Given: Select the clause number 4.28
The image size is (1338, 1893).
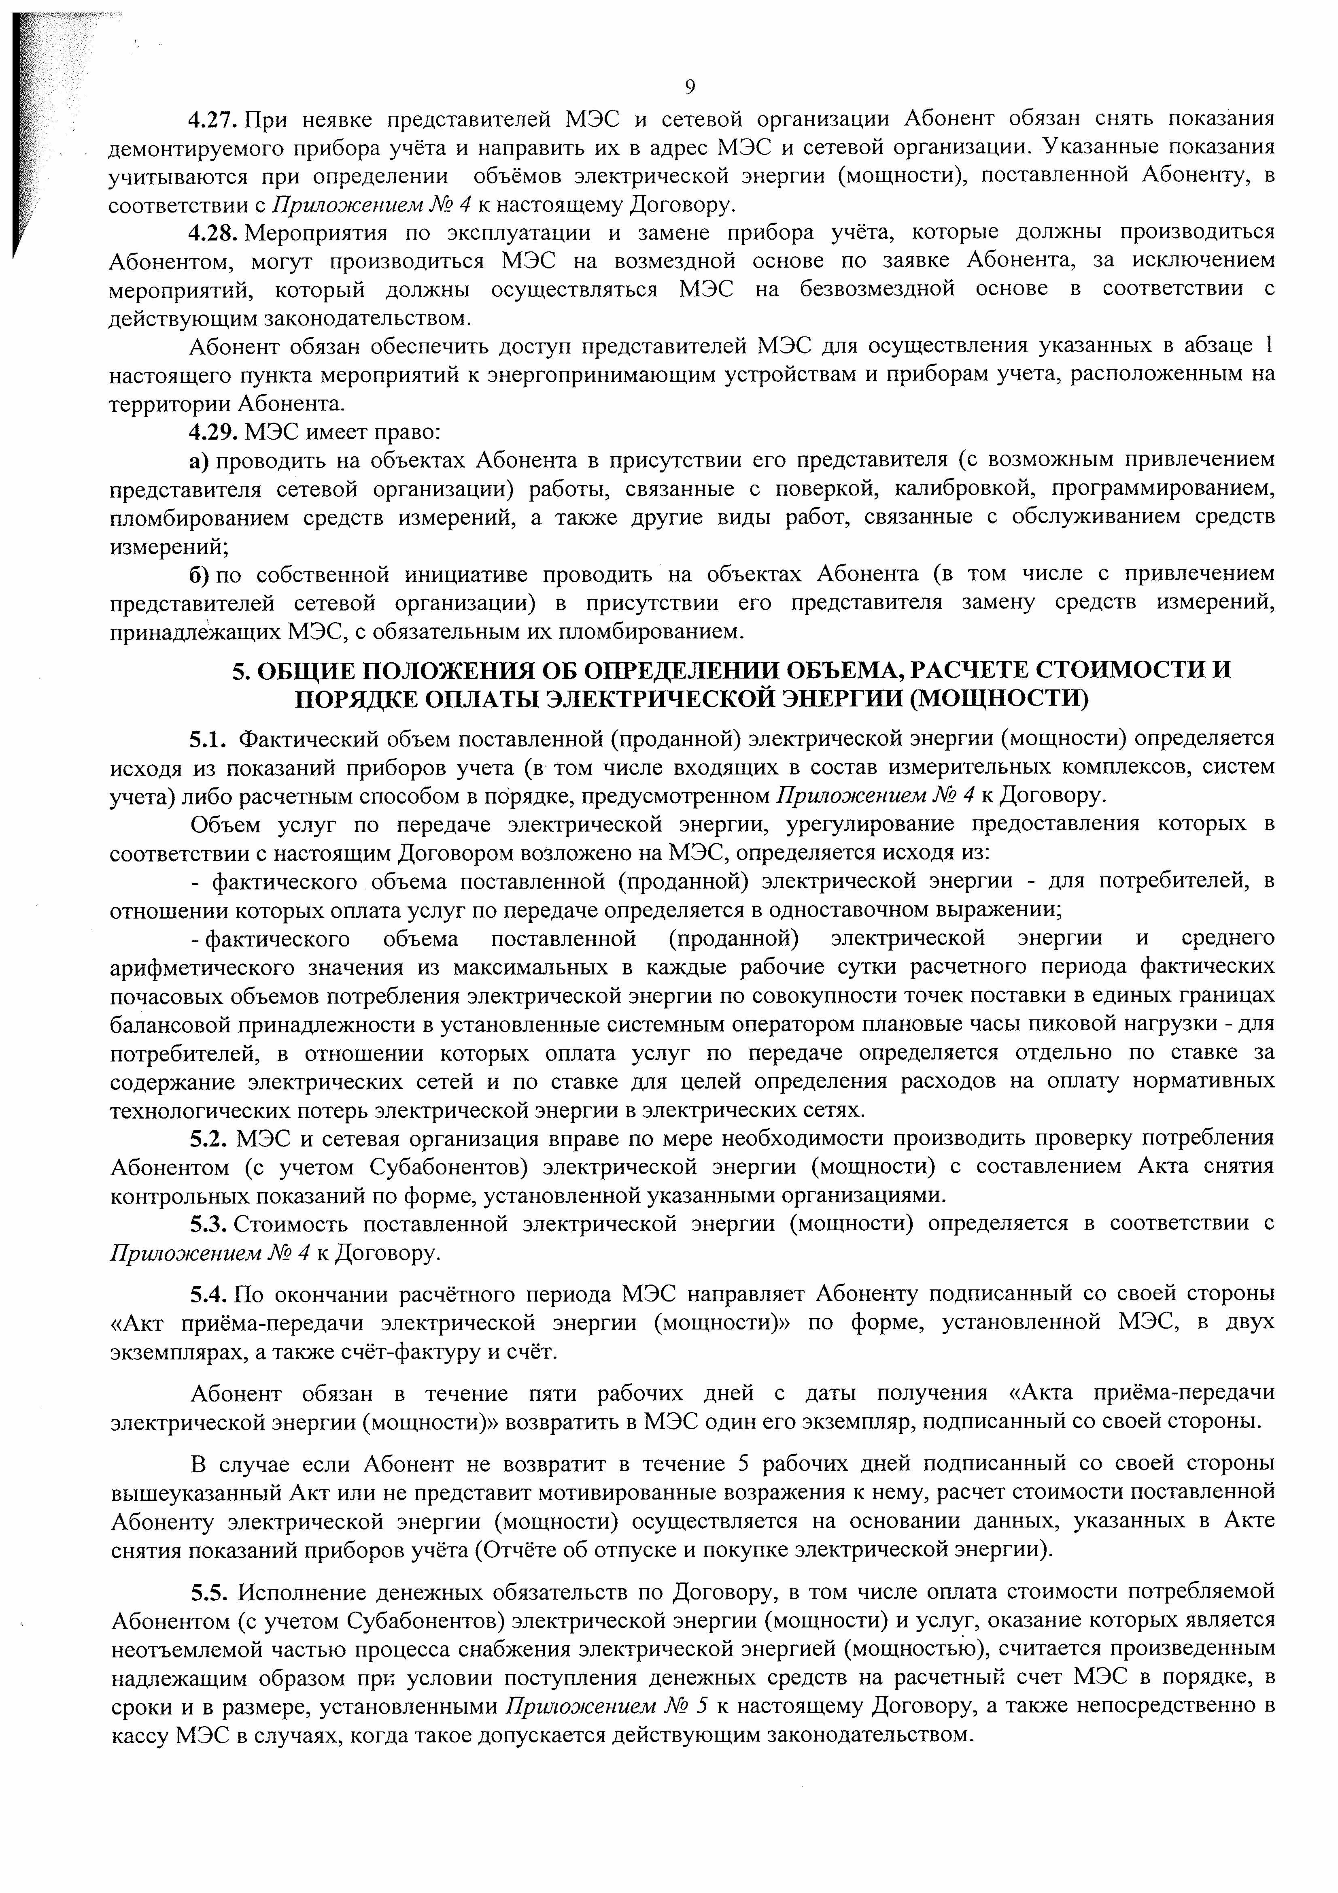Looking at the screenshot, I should [x=213, y=232].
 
